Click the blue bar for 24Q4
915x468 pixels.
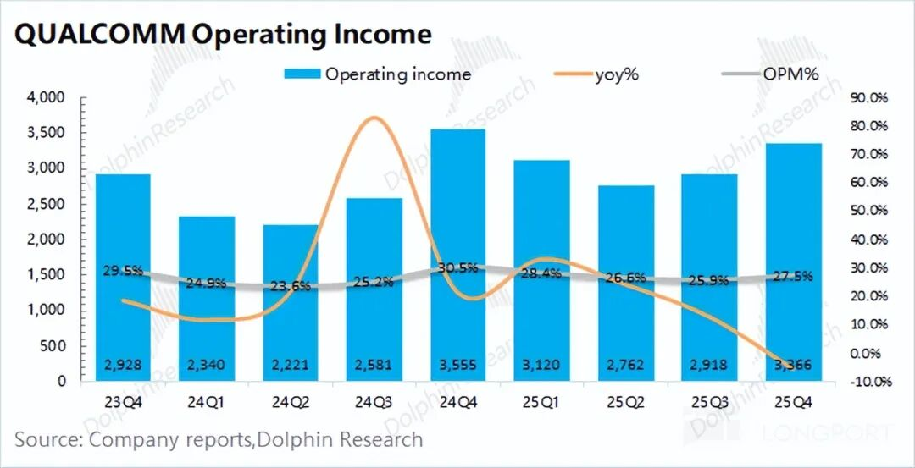[457, 254]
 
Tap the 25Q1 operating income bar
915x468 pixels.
[541, 270]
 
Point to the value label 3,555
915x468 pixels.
[457, 366]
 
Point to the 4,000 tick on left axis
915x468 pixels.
[47, 98]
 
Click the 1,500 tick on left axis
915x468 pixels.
[47, 275]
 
